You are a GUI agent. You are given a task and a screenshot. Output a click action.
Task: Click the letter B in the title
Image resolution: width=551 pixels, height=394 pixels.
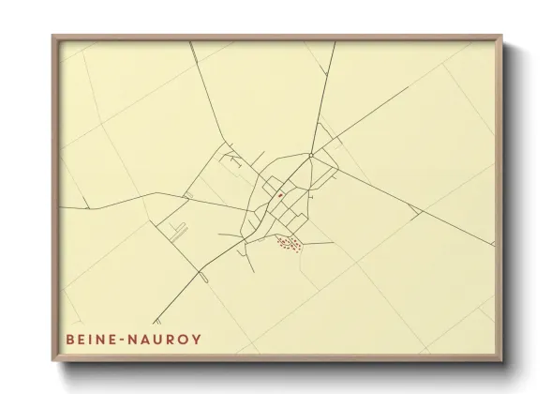pos(70,337)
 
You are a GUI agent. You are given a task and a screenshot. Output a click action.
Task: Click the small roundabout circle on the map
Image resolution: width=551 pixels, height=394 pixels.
pos(310,156)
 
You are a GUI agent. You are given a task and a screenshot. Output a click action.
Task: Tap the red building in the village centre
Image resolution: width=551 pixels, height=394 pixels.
pos(279,195)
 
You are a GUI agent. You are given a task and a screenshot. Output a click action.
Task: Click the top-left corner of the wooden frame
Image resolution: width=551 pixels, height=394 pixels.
pos(52,37)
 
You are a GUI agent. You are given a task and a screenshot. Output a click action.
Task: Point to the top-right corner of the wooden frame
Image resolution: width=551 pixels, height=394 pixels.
pos(502,37)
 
